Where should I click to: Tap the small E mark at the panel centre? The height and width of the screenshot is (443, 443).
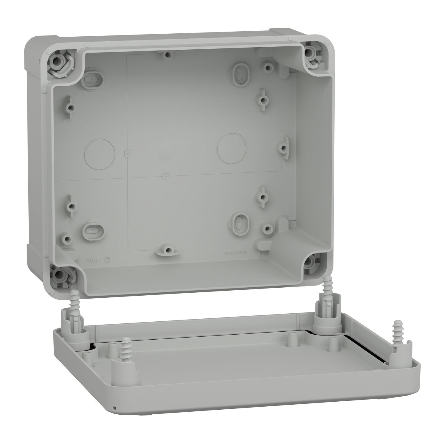pyautogui.click(x=166, y=176)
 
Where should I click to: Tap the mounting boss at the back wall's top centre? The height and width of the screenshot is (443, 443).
pyautogui.click(x=168, y=55)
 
